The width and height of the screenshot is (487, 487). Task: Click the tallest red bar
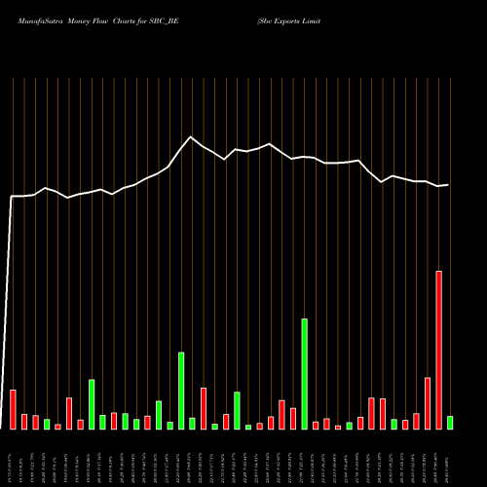(438, 350)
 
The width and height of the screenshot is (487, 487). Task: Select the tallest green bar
(304, 373)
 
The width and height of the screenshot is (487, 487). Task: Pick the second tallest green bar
(181, 390)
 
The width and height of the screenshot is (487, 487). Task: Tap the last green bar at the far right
(450, 423)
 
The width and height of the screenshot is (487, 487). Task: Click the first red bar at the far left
(13, 409)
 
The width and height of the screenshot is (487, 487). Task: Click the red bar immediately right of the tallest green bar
(316, 425)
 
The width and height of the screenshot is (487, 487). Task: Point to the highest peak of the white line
(191, 137)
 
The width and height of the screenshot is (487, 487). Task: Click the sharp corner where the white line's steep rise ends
(12, 197)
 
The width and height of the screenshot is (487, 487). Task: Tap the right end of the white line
(449, 184)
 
